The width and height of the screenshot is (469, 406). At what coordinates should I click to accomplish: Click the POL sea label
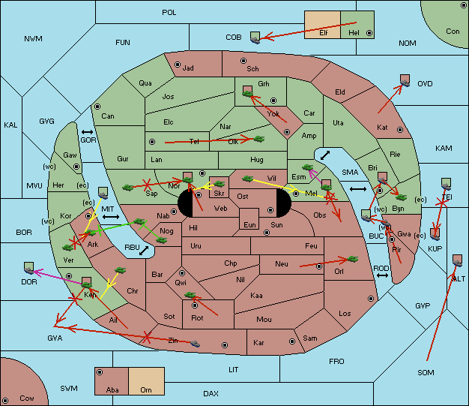[169, 13]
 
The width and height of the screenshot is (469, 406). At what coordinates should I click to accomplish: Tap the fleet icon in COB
[255, 38]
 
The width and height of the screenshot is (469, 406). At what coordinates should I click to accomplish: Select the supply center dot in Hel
[369, 33]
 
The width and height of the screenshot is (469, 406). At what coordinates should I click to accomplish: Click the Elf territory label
[324, 33]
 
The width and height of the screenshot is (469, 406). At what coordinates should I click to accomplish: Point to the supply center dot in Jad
[178, 65]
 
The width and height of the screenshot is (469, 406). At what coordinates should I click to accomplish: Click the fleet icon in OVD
[405, 80]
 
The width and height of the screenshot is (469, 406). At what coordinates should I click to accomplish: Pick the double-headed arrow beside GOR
[87, 132]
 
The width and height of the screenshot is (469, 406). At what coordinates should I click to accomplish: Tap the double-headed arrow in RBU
[144, 251]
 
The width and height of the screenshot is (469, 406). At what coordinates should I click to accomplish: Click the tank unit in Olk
[259, 139]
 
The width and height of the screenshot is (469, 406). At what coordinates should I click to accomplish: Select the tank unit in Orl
[352, 259]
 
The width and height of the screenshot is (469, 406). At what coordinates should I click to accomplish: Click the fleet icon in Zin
[195, 344]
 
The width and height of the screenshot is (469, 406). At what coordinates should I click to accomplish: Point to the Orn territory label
[146, 389]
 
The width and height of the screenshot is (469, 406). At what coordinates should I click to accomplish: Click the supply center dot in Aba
[100, 372]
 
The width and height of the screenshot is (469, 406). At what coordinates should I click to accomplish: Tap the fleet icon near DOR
[29, 268]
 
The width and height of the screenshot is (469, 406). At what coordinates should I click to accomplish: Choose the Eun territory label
[249, 225]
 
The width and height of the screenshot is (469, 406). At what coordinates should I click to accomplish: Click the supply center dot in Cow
[5, 400]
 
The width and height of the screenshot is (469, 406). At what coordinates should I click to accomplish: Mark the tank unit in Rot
[190, 295]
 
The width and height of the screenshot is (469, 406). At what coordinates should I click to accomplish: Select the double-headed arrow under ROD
[382, 275]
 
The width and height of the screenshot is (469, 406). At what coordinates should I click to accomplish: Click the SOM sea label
[426, 372]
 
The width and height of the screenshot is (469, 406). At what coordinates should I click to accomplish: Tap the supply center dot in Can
[97, 107]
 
